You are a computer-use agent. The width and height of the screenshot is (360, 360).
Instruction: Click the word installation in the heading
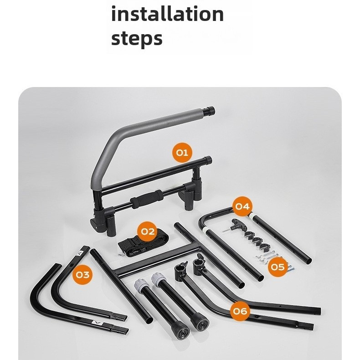(x=167, y=14)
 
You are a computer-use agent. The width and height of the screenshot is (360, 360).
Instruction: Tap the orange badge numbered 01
(x=182, y=153)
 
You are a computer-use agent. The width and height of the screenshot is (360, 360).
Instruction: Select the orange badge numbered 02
(x=147, y=231)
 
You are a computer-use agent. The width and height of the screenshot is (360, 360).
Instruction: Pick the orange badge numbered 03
(x=82, y=275)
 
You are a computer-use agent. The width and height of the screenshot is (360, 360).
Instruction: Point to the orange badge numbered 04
(x=242, y=206)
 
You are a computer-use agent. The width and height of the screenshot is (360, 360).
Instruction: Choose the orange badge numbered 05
(x=278, y=267)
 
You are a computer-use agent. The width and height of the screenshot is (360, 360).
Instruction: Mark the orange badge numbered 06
(x=240, y=311)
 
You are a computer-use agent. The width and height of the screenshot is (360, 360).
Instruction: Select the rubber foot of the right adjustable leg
(x=201, y=321)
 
